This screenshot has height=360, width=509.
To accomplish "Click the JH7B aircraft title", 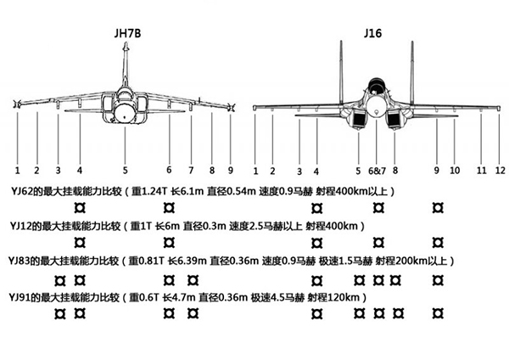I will click(x=126, y=34).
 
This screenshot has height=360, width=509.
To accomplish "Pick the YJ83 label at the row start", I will click(x=20, y=261).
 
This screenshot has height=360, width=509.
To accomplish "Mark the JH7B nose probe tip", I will click(x=126, y=46).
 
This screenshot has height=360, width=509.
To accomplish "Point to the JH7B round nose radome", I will click(x=125, y=110).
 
